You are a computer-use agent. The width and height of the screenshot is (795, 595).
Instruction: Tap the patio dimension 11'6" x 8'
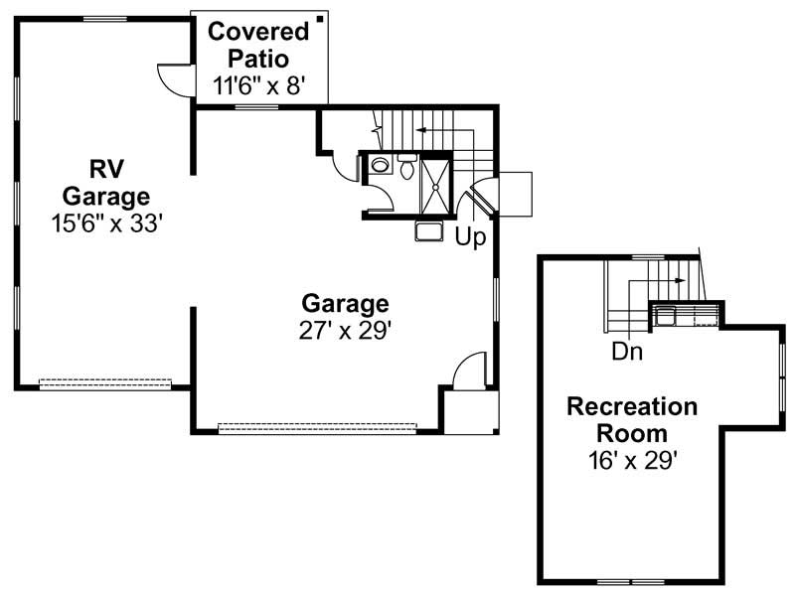pos(256,86)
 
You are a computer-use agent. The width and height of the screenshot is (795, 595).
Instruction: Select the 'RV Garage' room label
pos(105,180)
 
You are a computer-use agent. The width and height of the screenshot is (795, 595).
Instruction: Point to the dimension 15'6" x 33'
pos(106,223)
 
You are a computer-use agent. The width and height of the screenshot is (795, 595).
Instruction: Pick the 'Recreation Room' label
pos(632,420)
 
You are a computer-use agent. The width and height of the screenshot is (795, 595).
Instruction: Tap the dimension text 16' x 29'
pos(633,459)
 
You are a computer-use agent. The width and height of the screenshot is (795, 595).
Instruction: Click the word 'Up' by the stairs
pos(470,238)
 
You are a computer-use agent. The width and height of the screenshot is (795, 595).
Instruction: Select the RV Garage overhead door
pos(104,382)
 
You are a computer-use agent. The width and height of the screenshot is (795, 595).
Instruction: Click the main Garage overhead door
pos(316,428)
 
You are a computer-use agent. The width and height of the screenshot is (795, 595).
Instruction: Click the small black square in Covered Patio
pos(319,19)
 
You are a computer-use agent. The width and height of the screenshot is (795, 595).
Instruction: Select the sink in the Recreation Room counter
pos(664,317)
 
